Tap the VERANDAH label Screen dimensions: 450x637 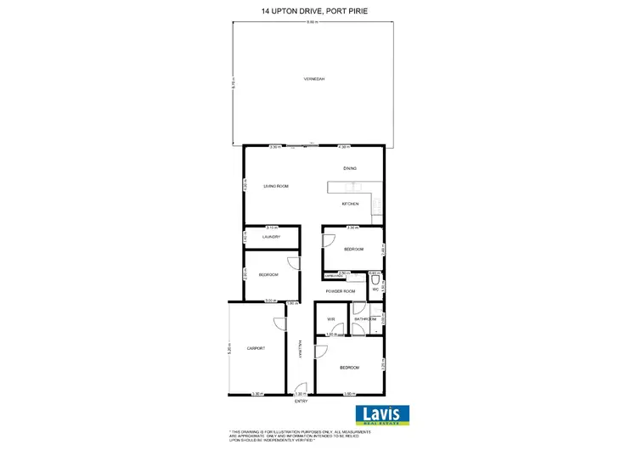pos(314,79)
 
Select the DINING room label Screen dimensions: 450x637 pos(350,169)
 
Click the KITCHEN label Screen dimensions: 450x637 pos(351,205)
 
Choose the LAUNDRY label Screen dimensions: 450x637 pos(271,237)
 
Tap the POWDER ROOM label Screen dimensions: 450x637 pos(339,291)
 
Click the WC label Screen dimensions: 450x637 pos(375,290)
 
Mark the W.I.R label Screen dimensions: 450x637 pos(331,319)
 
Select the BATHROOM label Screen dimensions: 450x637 pos(364,319)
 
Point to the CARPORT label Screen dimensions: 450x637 pos(256,349)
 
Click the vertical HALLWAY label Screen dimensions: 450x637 pos(300,349)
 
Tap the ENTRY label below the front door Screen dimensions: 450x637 pos(301,401)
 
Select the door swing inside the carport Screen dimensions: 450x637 pos(279,323)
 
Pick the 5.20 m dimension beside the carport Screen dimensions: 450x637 pos(229,348)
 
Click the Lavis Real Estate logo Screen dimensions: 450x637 pos(381,414)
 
